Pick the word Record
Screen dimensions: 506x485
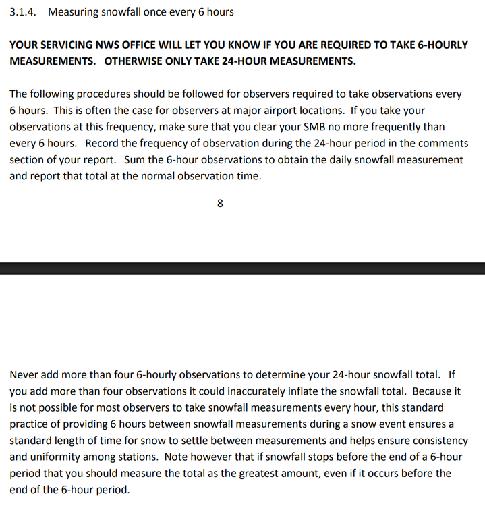[101, 144]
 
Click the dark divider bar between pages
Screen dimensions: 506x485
[242, 268]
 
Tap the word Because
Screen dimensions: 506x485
[433, 391]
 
